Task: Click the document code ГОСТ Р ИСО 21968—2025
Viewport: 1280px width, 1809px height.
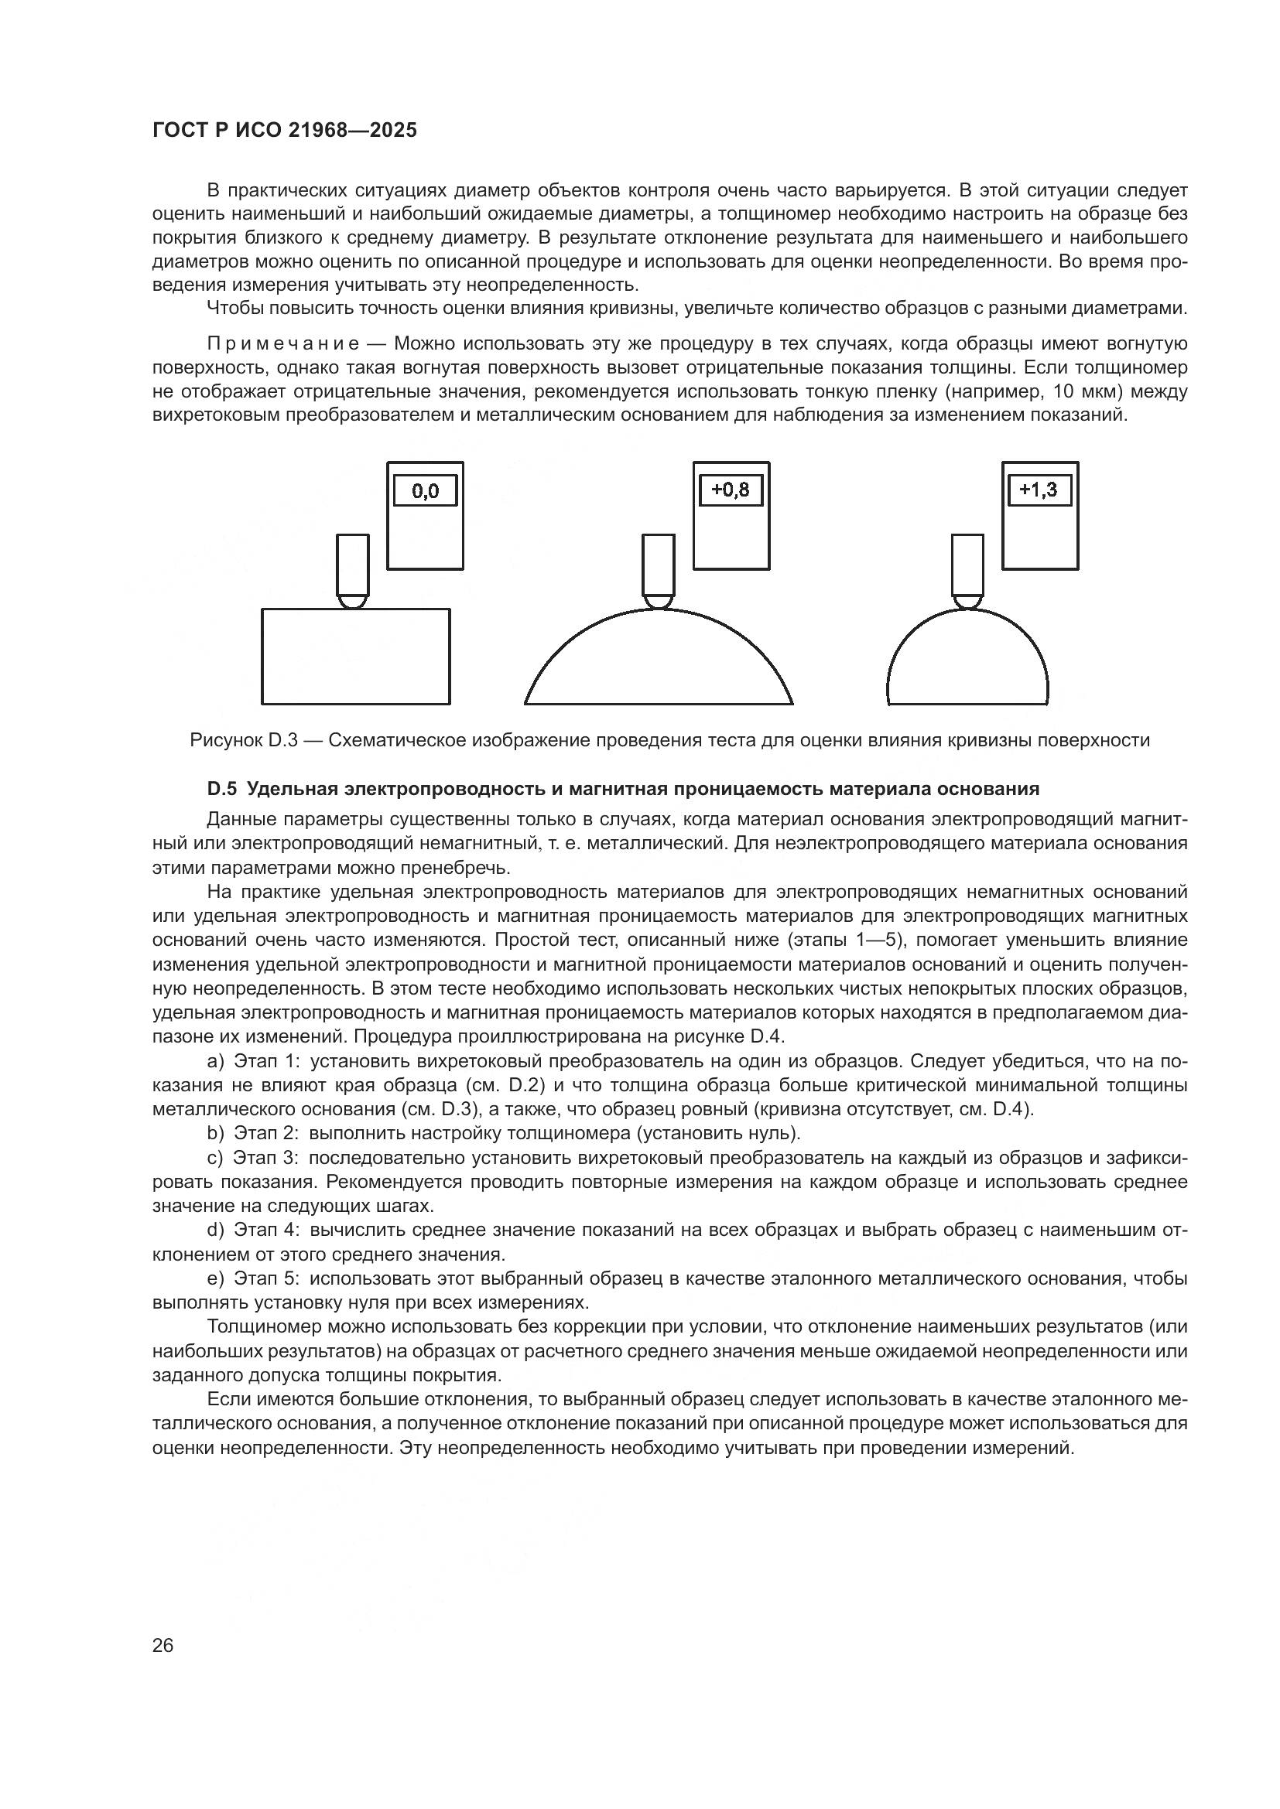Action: pos(284,130)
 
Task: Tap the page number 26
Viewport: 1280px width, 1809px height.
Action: pos(163,1644)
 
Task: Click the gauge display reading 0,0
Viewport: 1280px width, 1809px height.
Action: pos(425,492)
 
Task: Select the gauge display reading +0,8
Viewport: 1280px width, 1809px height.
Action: pos(731,491)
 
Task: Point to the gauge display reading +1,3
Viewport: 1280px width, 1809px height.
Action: pos(1039,491)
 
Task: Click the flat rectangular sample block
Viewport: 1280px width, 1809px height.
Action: pos(355,657)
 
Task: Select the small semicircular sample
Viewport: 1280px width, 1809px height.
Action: pos(967,666)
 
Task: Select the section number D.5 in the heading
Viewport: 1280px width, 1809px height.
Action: pos(221,789)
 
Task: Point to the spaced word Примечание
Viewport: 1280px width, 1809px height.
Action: pos(283,343)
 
